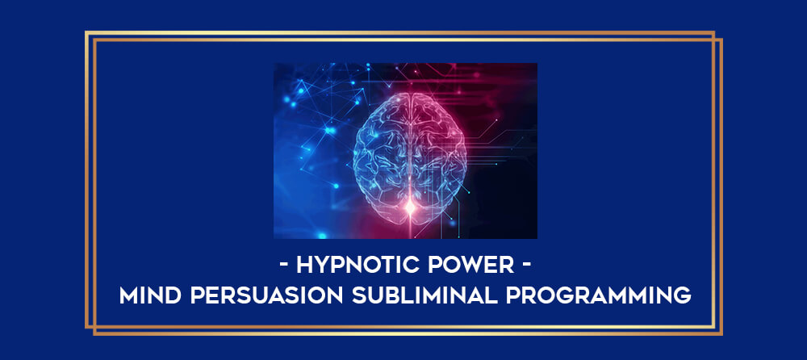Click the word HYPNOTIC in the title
(360, 266)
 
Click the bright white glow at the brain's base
(410, 207)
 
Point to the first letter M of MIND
(128, 295)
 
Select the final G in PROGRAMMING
(682, 295)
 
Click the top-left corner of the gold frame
(86, 32)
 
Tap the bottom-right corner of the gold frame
(721, 334)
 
